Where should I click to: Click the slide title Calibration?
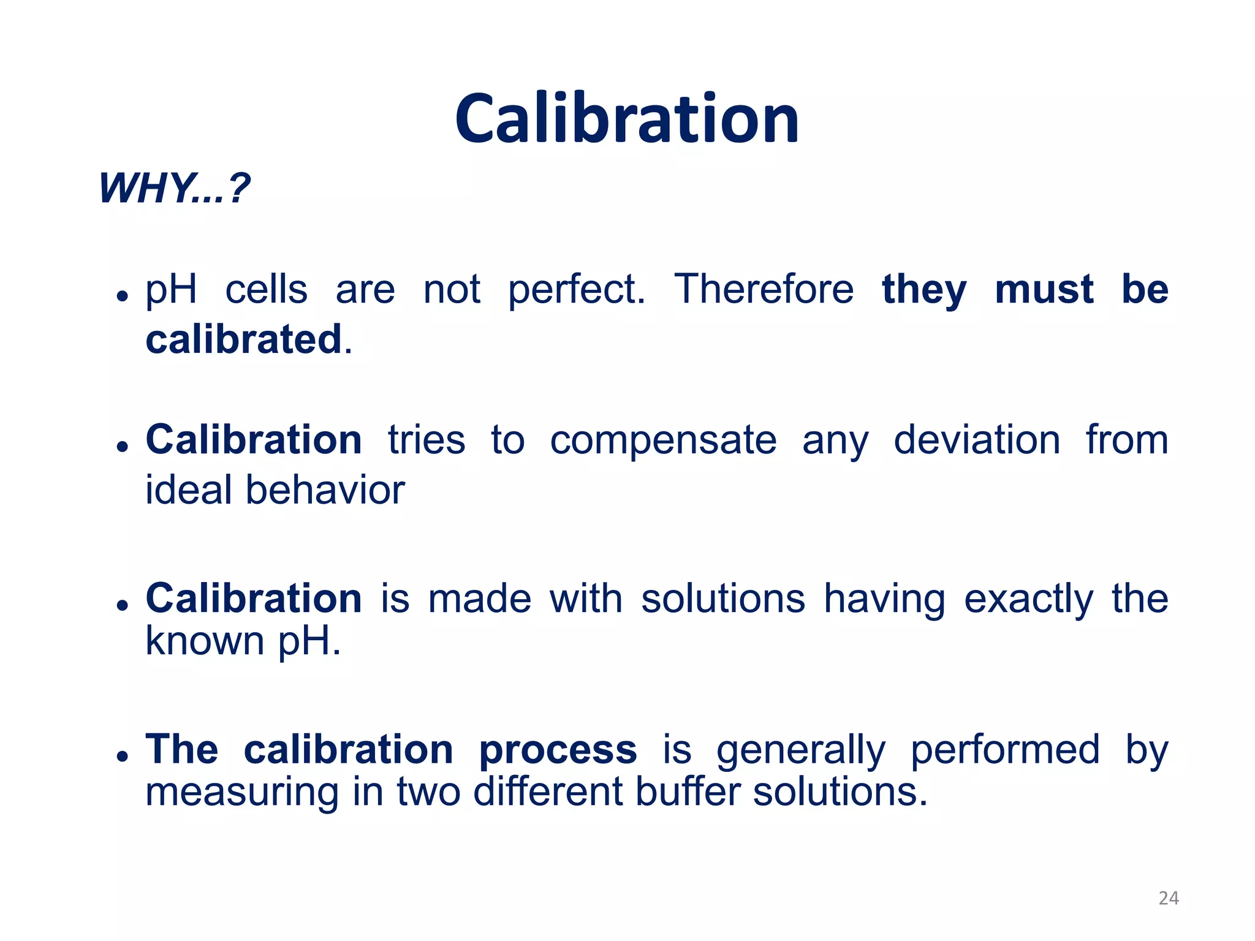click(627, 119)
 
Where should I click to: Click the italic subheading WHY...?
click(174, 188)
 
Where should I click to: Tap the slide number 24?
click(1169, 898)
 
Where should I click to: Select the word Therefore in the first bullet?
click(764, 289)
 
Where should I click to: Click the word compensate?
click(663, 441)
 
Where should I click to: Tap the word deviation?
click(977, 440)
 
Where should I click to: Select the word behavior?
click(325, 490)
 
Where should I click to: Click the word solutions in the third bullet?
click(722, 599)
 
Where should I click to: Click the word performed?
click(1005, 750)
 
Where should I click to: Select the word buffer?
click(687, 792)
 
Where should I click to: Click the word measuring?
click(241, 793)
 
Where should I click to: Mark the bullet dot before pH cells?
click(123, 296)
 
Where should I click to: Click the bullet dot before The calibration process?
click(123, 757)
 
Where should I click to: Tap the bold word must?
click(1044, 289)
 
